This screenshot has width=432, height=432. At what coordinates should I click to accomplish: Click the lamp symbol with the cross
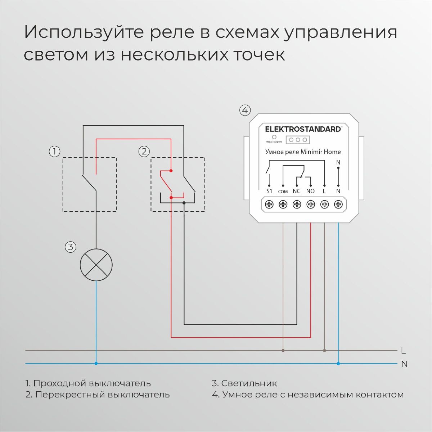[96, 265]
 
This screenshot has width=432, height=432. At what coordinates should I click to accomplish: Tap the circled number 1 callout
[54, 152]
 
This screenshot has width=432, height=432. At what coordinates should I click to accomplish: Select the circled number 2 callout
[144, 152]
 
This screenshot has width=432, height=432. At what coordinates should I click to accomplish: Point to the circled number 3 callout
[70, 247]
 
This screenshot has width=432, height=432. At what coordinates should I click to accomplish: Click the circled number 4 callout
[245, 110]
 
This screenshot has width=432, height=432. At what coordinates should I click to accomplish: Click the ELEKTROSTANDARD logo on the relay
[303, 129]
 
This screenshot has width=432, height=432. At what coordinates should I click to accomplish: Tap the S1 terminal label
[269, 192]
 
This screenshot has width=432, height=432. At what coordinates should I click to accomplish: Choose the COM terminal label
[283, 192]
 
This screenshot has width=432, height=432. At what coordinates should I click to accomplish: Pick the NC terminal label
[297, 192]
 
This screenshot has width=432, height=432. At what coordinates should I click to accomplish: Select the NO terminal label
[310, 192]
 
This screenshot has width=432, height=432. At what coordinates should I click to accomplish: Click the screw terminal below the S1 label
[269, 204]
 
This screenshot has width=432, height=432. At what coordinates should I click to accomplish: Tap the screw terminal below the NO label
[311, 204]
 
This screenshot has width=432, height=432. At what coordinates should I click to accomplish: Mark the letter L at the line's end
[403, 351]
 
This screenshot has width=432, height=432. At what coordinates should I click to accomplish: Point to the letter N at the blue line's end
[404, 364]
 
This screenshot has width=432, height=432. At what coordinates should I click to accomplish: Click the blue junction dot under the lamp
[96, 364]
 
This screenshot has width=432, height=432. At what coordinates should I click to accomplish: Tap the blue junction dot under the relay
[338, 364]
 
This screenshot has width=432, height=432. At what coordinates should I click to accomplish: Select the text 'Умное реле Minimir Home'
[303, 152]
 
